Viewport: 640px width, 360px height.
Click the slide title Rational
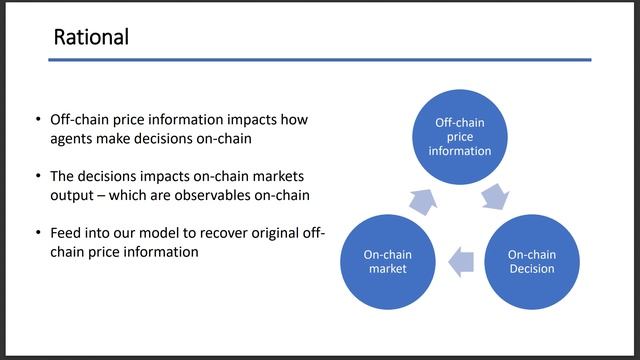tap(91, 38)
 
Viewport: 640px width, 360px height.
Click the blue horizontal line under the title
tap(320, 60)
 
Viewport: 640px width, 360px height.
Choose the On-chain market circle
tap(387, 261)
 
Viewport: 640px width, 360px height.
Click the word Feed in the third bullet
tap(66, 232)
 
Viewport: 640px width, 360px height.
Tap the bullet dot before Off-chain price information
tap(38, 119)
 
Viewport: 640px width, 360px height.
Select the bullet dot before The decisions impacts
tap(38, 175)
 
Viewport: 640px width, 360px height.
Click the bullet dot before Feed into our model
tap(38, 232)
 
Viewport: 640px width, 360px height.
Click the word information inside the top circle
tap(460, 151)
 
